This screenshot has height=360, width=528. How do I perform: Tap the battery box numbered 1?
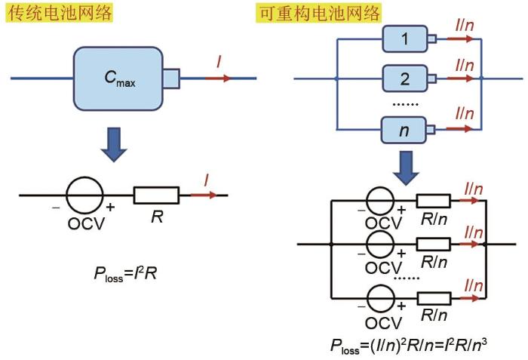pos(404,39)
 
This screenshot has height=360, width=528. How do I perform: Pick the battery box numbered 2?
pos(404,78)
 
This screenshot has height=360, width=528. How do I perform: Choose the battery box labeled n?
pos(404,131)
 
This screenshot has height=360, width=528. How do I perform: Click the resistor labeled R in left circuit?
pos(156,195)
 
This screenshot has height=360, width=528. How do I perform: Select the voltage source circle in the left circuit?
pos(84,196)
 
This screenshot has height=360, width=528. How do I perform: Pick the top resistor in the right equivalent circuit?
pos(434,202)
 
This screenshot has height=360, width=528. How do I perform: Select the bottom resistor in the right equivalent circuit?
pos(434,296)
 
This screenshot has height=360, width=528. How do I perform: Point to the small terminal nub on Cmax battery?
pos(171,77)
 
